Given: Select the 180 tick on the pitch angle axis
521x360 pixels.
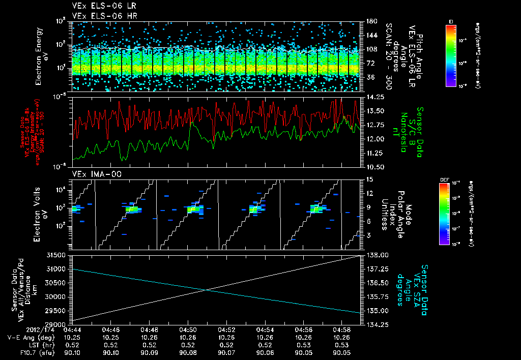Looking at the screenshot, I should [370, 21].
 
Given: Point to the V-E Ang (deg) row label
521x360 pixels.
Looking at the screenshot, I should [29, 337].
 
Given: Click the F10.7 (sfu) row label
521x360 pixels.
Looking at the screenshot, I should [34, 352].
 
